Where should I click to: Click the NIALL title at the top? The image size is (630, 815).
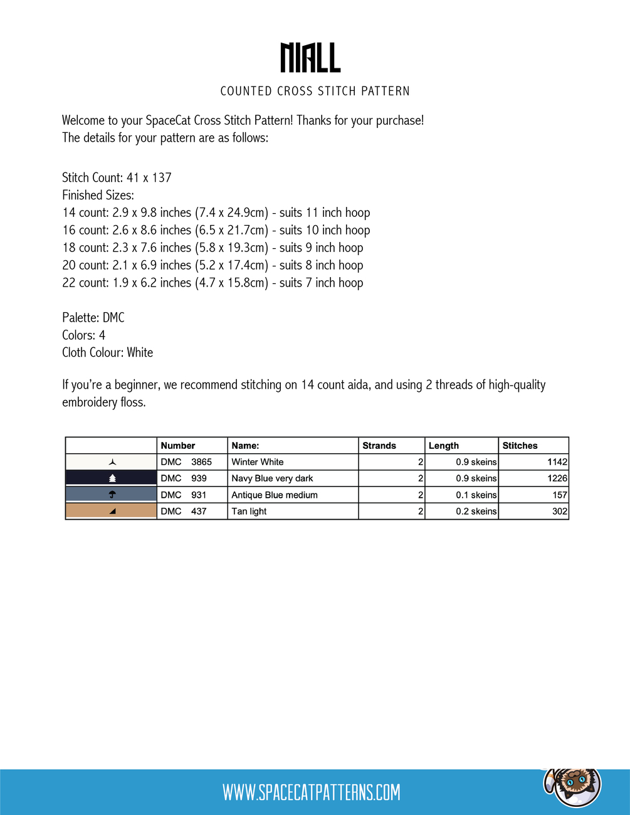click(x=310, y=58)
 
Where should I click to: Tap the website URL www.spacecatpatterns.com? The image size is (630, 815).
click(x=311, y=792)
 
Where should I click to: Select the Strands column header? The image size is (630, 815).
click(x=379, y=446)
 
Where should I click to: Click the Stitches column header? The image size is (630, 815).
click(x=520, y=446)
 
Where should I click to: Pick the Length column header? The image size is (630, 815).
click(x=444, y=446)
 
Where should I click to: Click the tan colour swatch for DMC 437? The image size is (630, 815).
click(x=112, y=512)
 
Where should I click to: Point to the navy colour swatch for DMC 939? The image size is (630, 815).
click(x=112, y=478)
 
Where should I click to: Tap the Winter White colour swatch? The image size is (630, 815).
click(x=112, y=462)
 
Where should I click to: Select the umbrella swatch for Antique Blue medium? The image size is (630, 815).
click(x=112, y=495)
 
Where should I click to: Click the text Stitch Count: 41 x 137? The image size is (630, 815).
click(x=117, y=177)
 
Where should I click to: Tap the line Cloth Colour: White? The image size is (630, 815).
click(x=107, y=352)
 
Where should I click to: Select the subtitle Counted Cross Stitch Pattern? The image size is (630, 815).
click(x=315, y=92)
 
